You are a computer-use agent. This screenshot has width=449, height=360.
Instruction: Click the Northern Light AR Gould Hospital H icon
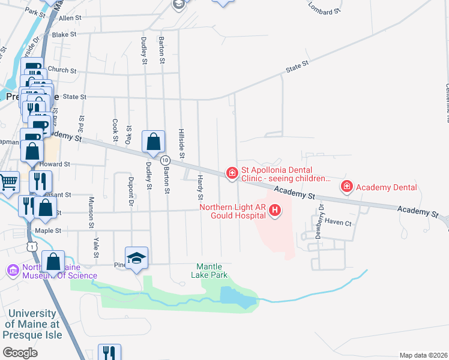pos(275,210)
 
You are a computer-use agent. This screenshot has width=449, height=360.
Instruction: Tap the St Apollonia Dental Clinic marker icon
pos(232,173)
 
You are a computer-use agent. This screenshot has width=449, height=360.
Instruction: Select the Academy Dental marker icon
pos(346,187)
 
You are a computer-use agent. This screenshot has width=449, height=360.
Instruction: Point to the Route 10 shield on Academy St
pos(164,160)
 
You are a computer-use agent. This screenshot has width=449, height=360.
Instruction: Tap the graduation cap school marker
pos(137,258)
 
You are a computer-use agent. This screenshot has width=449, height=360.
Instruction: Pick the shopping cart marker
pos(8,182)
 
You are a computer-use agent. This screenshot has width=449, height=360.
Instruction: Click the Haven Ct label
pos(338,222)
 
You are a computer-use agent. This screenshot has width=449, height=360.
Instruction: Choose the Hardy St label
pos(200,188)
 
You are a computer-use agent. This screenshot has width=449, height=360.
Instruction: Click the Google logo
pos(20,352)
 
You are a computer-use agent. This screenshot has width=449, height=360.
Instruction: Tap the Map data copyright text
pos(423,355)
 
